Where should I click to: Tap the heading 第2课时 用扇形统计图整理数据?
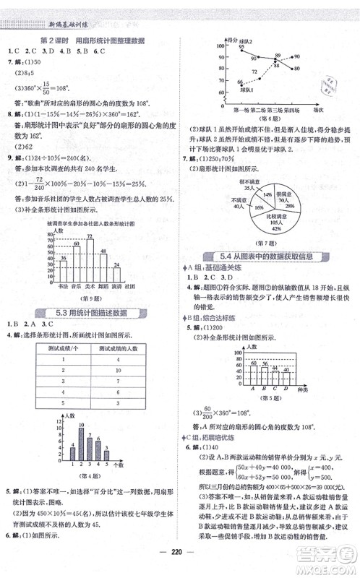click(90, 40)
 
